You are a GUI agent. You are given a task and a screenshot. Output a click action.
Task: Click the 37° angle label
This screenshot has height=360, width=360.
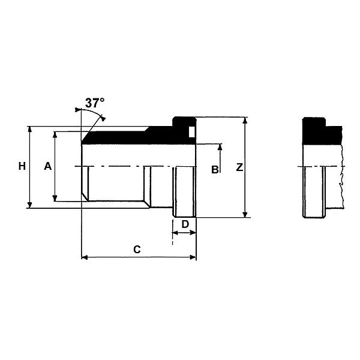pos(95,103)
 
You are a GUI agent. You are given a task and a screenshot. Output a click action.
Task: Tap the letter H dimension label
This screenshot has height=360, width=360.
pos(22,166)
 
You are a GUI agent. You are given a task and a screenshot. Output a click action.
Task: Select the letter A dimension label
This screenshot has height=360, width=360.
pos(48,166)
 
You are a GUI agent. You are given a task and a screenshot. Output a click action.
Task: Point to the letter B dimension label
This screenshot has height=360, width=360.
pos(215,170)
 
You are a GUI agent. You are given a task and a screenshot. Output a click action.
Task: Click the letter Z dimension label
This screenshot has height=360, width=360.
pos(239,167)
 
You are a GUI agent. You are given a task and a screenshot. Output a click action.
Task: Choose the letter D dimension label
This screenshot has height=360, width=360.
pos(185,224)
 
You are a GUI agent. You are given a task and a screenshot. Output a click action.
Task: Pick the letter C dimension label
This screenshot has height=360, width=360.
pos(137,250)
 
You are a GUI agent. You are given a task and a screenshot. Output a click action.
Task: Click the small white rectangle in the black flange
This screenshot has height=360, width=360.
pos(192,132)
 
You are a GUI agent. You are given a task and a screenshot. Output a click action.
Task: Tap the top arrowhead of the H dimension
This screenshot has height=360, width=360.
pos(29,129)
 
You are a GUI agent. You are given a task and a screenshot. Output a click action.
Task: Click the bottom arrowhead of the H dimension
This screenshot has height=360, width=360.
pos(29,205)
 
